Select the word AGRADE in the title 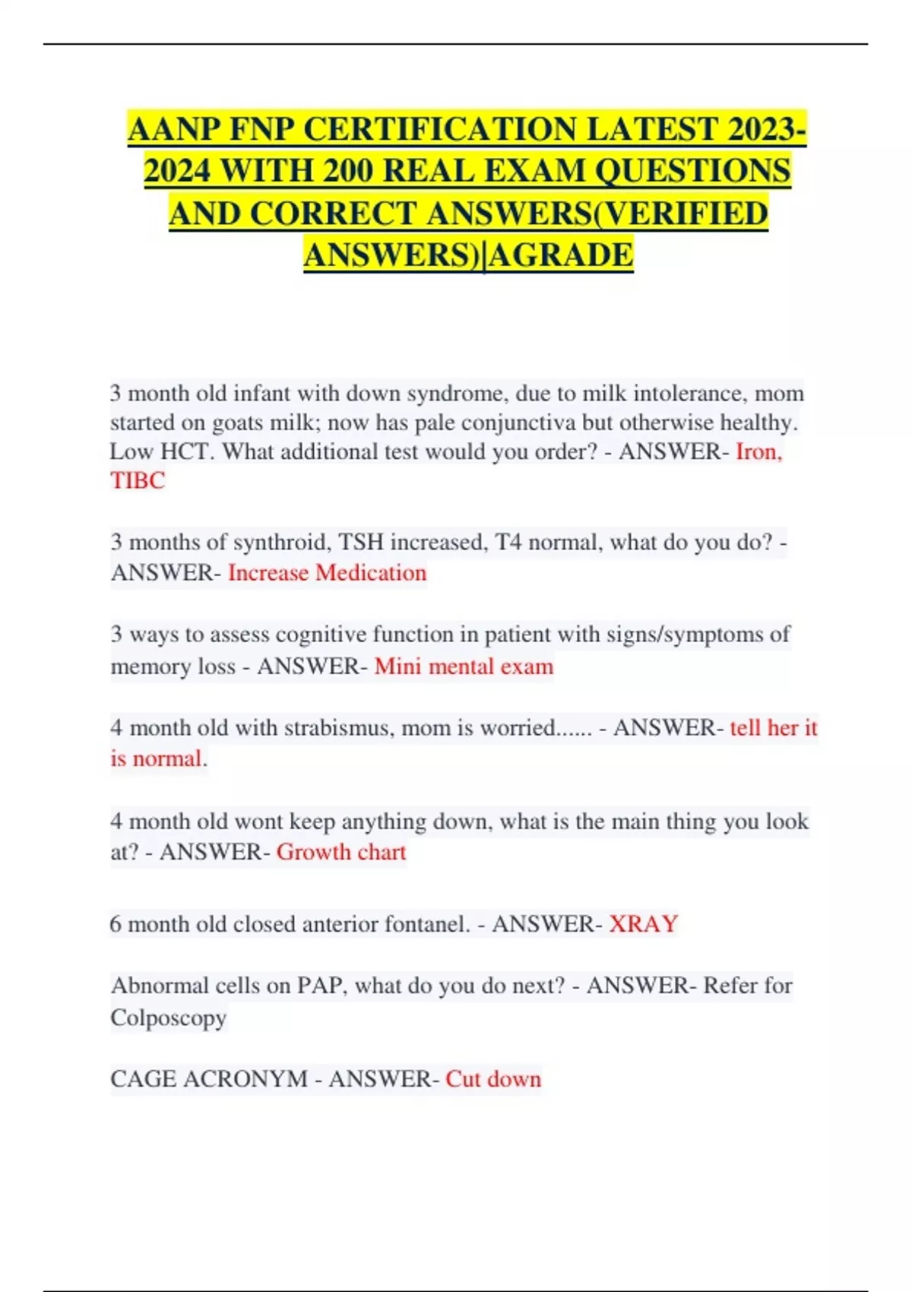(562, 255)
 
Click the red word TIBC (138, 481)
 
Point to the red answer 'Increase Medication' (327, 572)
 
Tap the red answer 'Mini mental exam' (464, 667)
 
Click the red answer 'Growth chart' (341, 852)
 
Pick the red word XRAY (643, 924)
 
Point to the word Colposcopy (169, 1018)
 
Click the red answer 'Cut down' (493, 1079)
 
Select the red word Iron (758, 451)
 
